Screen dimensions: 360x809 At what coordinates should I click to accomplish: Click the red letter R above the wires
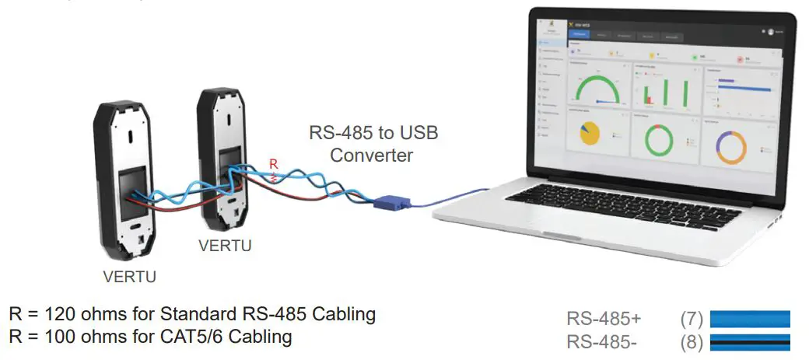272,164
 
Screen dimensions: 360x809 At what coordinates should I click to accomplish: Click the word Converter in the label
371,155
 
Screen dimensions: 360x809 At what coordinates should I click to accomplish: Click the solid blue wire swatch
750,319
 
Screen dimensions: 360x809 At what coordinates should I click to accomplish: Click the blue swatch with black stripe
750,341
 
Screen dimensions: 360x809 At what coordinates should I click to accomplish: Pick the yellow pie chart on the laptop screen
589,134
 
